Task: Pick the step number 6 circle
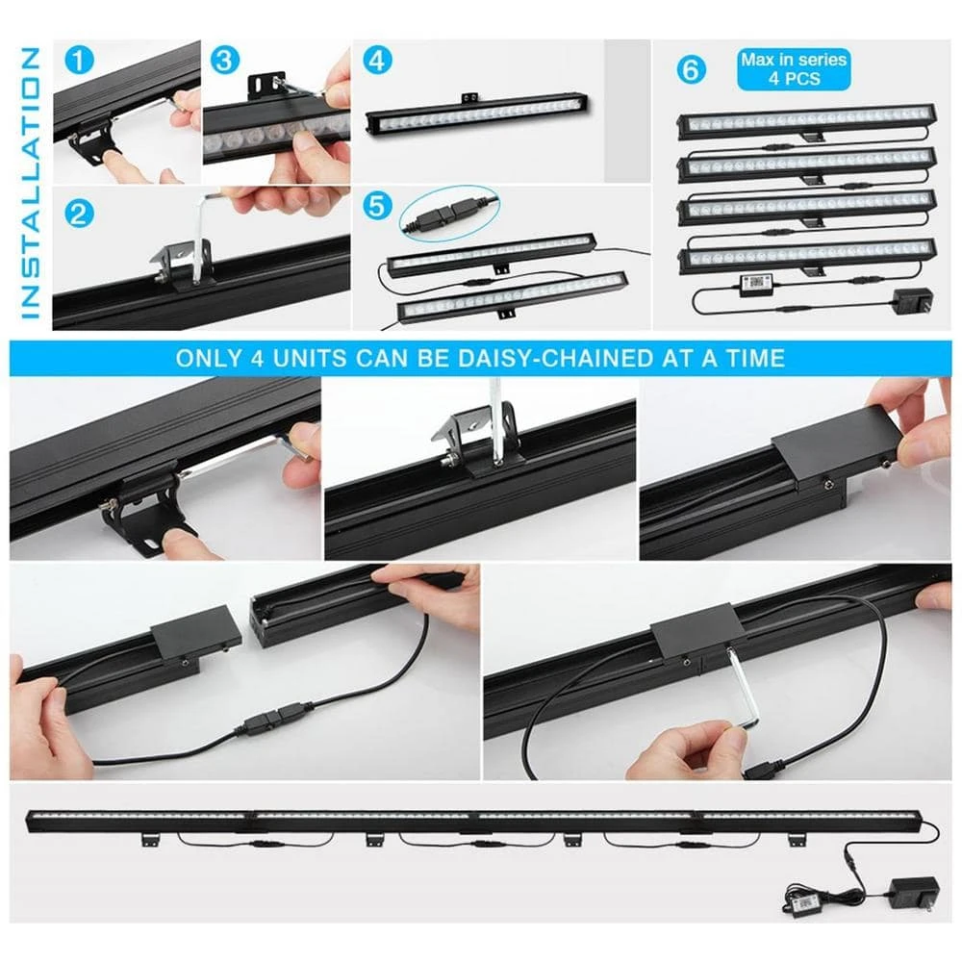point(691,69)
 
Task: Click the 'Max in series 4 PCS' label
point(793,68)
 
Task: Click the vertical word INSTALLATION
point(29,183)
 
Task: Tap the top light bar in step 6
point(806,121)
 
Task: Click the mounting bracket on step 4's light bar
point(470,99)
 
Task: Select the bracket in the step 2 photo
point(180,260)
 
